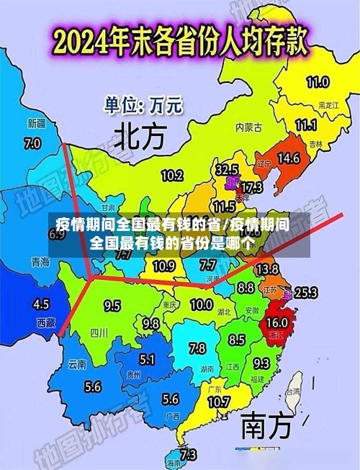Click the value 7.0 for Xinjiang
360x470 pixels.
pos(32,143)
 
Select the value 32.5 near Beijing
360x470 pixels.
pos(227,170)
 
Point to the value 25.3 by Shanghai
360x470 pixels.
pos(306,292)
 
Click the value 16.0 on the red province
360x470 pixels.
pos(277,322)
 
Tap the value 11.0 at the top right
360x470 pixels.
pos(318,81)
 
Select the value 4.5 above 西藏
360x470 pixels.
pos(42,304)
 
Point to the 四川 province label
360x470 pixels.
pos(99,333)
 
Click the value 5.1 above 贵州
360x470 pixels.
pos(147,359)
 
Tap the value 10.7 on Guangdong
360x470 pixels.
pos(218,401)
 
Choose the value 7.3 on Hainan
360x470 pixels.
pos(187,454)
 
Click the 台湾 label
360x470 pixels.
pos(293,392)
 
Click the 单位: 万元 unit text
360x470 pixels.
pos(143,107)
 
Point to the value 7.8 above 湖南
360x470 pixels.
pos(197,348)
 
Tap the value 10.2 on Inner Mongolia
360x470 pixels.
pos(171,175)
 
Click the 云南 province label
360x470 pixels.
pos(77,365)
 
